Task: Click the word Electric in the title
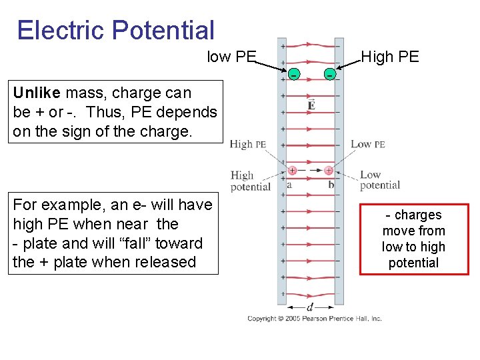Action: click(61, 31)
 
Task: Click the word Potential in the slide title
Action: click(163, 31)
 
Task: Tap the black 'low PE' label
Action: click(231, 57)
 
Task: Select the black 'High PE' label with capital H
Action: click(390, 57)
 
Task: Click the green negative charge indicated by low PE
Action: click(293, 74)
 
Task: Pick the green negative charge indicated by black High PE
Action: click(330, 74)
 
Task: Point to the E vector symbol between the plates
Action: click(311, 105)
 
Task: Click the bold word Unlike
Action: click(35, 93)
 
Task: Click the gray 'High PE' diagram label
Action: click(248, 144)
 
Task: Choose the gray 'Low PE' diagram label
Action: click(368, 144)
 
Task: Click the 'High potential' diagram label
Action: click(249, 181)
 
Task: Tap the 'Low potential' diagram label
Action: click(379, 180)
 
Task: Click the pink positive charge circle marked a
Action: click(292, 171)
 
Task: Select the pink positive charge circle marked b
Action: click(329, 171)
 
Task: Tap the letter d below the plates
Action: click(310, 307)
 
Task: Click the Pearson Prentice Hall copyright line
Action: click(315, 319)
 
